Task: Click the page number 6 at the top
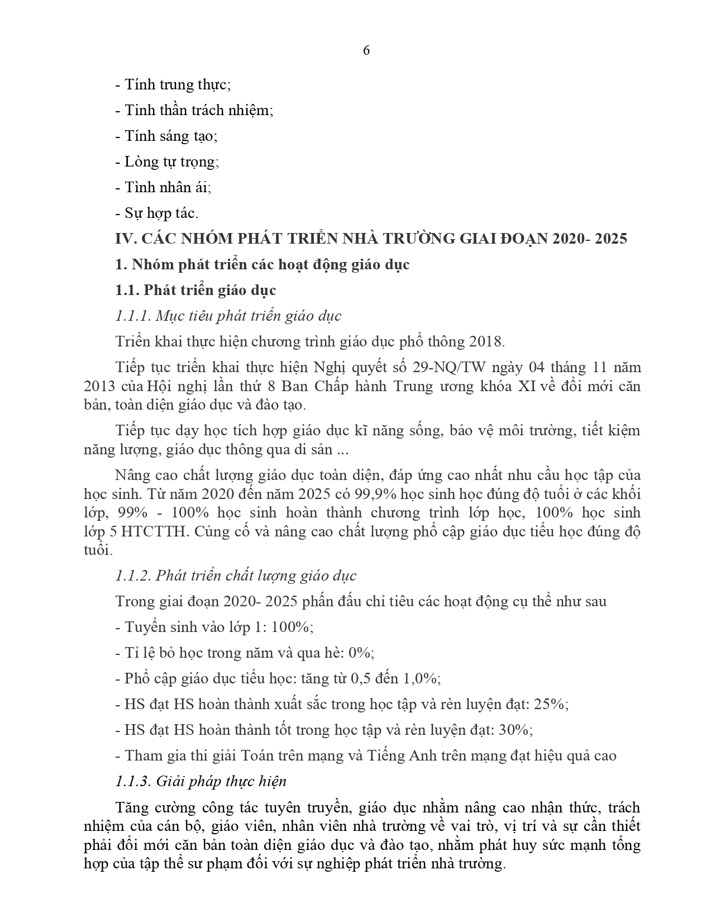click(x=366, y=50)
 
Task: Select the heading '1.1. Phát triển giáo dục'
click(x=195, y=290)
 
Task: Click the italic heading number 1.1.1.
click(x=133, y=316)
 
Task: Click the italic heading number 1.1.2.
click(x=133, y=576)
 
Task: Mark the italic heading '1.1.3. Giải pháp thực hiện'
click(x=200, y=781)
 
